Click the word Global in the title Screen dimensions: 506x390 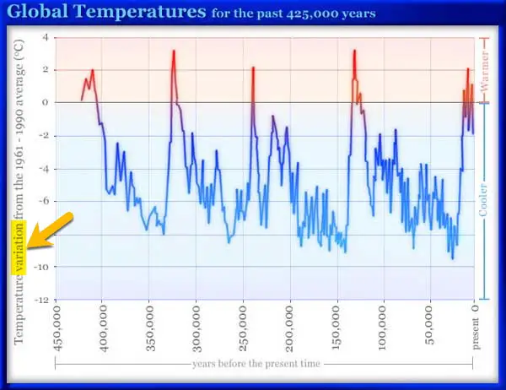(37, 11)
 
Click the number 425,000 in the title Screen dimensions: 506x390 (310, 14)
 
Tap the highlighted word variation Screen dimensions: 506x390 (19, 248)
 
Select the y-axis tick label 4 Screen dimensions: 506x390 (45, 37)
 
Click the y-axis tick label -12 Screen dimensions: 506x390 (41, 300)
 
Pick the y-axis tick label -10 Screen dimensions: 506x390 (41, 267)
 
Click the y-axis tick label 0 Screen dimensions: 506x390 (45, 103)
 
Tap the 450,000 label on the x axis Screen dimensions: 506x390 (57, 328)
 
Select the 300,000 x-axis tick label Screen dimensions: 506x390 (196, 328)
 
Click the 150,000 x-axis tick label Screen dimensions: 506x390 (336, 328)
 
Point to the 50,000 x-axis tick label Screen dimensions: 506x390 (429, 325)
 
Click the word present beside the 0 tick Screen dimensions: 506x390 (476, 333)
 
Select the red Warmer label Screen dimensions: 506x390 (484, 71)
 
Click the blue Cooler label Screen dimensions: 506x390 (483, 200)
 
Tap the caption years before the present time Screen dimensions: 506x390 (256, 364)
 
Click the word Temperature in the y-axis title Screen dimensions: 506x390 (19, 310)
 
